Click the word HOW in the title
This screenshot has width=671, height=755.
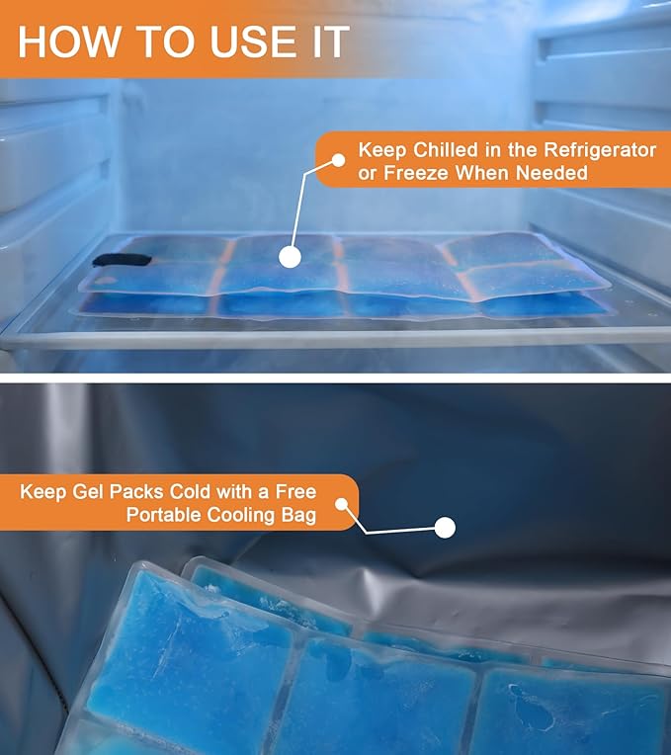[68, 42]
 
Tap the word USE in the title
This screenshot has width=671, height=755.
[254, 42]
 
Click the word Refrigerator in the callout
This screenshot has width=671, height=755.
[600, 150]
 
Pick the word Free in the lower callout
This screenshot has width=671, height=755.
[295, 491]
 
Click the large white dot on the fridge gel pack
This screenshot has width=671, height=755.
[290, 257]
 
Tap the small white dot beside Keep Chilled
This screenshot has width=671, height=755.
[338, 160]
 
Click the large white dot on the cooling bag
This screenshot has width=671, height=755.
[445, 528]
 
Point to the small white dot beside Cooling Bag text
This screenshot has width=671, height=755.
[342, 504]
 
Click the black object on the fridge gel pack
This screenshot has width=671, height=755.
[123, 260]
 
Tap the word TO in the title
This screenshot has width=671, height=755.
[165, 42]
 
